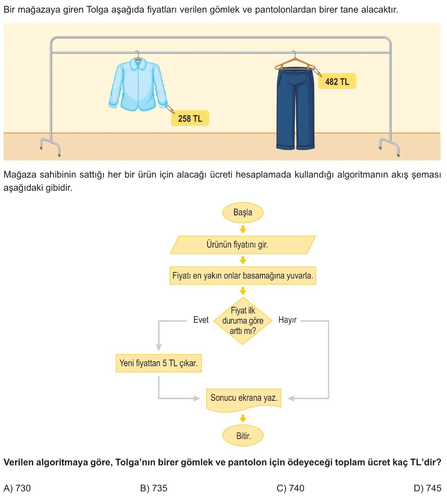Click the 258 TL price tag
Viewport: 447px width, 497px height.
tap(190, 118)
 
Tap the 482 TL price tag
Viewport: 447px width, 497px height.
tap(337, 81)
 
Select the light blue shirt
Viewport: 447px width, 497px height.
tap(138, 84)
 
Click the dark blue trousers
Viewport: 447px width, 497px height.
tap(295, 109)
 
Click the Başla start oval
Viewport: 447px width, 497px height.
tap(243, 213)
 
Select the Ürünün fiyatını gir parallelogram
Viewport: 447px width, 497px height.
tap(243, 245)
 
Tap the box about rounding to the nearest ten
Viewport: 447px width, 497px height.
tap(243, 275)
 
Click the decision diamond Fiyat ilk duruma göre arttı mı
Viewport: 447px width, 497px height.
tap(243, 321)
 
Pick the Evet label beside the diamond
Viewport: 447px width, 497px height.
tap(201, 320)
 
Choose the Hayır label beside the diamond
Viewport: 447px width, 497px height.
tap(287, 320)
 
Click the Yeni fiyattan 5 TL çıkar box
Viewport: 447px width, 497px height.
tap(158, 363)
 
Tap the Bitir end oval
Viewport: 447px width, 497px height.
tap(243, 435)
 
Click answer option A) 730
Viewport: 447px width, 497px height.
tap(17, 488)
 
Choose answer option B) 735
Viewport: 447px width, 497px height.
tap(153, 488)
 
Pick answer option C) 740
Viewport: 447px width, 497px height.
tap(290, 488)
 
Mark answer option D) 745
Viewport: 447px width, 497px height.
tap(427, 488)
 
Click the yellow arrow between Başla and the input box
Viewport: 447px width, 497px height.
tap(243, 229)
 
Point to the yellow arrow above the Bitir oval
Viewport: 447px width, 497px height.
tap(243, 419)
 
